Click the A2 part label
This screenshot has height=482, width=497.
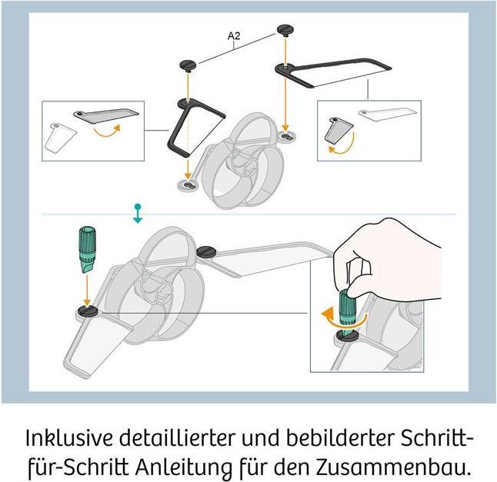234,36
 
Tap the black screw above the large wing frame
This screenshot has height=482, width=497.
285,30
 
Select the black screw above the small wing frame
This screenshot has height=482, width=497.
188,66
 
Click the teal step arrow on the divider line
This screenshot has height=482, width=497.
138,214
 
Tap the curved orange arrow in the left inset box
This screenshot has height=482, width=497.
107,131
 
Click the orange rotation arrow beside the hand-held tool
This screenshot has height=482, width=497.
343,318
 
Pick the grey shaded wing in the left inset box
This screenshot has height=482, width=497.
106,115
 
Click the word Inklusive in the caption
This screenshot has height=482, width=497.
69,438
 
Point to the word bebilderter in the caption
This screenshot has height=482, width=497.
340,438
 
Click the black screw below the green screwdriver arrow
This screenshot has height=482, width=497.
88,311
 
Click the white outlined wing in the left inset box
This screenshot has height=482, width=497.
60,138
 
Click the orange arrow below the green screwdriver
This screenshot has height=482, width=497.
87,290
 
